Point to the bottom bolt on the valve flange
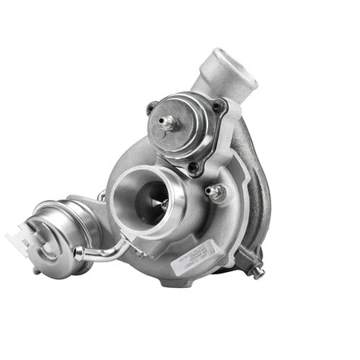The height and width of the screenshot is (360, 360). (192, 167)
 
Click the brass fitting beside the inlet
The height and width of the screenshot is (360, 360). (214, 192)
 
